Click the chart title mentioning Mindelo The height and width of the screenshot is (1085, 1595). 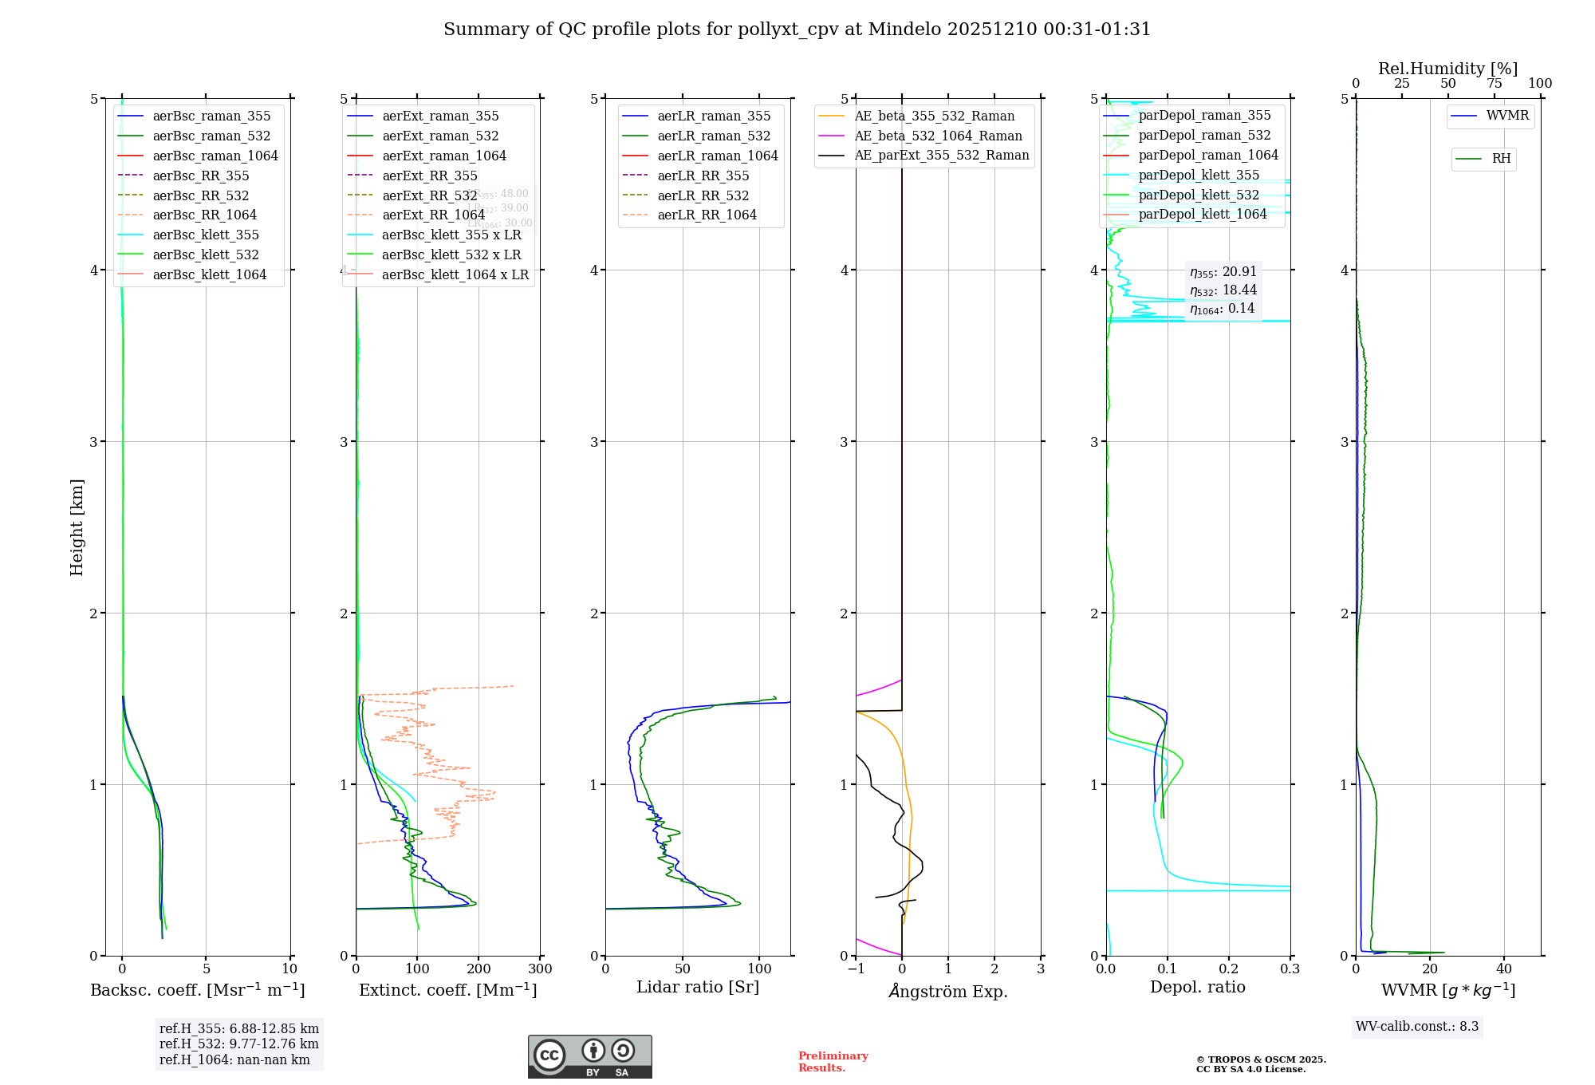coord(797,30)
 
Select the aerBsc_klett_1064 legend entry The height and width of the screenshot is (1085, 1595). coord(210,274)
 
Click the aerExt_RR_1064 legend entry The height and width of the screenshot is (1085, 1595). coord(433,215)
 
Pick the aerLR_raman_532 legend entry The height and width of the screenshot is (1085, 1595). coord(714,136)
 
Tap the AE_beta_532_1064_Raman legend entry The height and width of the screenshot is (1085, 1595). coord(938,136)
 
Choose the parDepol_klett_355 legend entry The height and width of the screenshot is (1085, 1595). coord(1199,175)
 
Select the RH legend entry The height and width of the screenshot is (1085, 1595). coord(1501,159)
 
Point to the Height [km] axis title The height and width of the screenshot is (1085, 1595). coord(77,527)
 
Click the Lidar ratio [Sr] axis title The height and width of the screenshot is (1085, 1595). coord(698,987)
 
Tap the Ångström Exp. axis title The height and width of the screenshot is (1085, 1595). coord(947,991)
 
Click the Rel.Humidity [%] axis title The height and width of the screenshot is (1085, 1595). coord(1447,69)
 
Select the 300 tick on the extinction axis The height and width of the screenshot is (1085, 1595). coord(540,969)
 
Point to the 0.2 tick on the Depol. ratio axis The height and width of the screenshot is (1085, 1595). coord(1229,969)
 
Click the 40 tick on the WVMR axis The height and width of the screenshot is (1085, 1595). coord(1504,969)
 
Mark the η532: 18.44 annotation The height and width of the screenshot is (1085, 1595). coord(1223,290)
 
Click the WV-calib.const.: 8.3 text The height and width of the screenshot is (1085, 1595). coord(1417,1027)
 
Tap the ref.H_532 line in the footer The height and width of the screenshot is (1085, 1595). coord(238,1044)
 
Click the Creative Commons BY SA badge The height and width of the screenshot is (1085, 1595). coord(589,1057)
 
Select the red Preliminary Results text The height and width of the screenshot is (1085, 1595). coord(833,1062)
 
